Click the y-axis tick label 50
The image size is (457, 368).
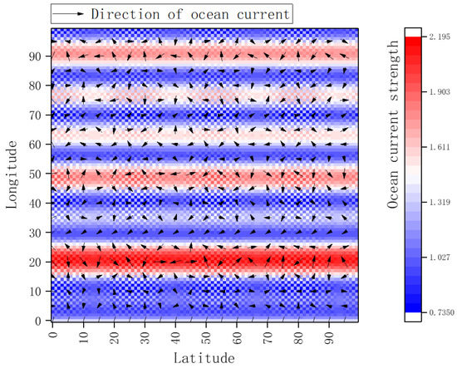[37, 176]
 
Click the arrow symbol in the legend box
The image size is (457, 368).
[68, 14]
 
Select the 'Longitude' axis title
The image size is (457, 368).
[14, 174]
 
